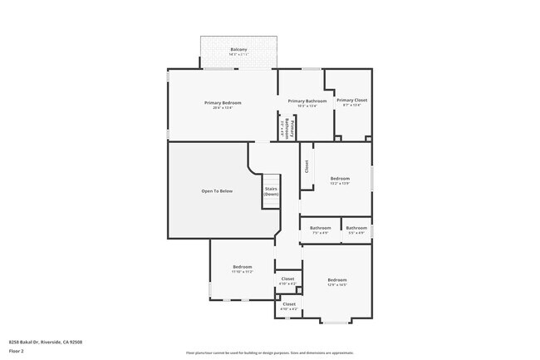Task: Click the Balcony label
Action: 238,50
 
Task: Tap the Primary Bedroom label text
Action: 223,102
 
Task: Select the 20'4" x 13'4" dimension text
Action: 223,107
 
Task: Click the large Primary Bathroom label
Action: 307,101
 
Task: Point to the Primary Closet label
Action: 351,100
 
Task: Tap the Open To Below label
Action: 217,191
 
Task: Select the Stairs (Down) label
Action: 271,191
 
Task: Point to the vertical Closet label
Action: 307,166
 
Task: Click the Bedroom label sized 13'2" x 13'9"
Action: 340,178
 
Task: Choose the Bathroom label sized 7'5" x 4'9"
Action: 320,228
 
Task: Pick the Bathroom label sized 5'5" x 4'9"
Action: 356,228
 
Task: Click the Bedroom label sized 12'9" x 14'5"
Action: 336,279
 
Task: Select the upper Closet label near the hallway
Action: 287,279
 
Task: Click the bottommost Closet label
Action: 289,304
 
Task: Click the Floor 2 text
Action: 16,350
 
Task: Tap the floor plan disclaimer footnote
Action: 269,353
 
